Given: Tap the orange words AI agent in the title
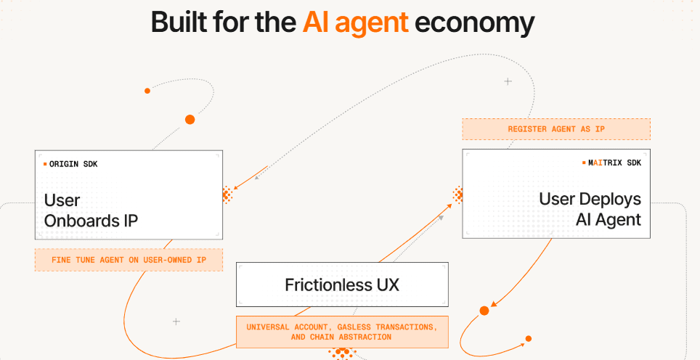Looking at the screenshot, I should coord(356,22).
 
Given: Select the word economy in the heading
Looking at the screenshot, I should coord(475,22).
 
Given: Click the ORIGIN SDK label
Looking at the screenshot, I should coord(73,164).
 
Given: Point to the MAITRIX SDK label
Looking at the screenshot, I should coord(614,163).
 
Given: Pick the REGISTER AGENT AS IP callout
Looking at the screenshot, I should coord(556,129).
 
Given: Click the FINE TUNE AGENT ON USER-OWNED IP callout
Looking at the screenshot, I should coord(128,260).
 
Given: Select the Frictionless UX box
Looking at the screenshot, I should coord(342,285).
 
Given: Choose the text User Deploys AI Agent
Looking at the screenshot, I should coord(590,209).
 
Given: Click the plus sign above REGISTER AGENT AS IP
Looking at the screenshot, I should coord(508,81).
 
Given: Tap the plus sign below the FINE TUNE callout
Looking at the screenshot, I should coord(176,321).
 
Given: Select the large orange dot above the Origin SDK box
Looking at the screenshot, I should coord(190,119).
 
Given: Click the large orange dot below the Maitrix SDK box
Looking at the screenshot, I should coord(484,311).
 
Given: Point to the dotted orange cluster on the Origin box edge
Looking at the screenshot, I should coord(227,194).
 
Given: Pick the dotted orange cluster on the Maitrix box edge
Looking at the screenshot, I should coord(458,194).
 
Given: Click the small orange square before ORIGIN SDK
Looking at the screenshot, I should coord(45,164).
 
